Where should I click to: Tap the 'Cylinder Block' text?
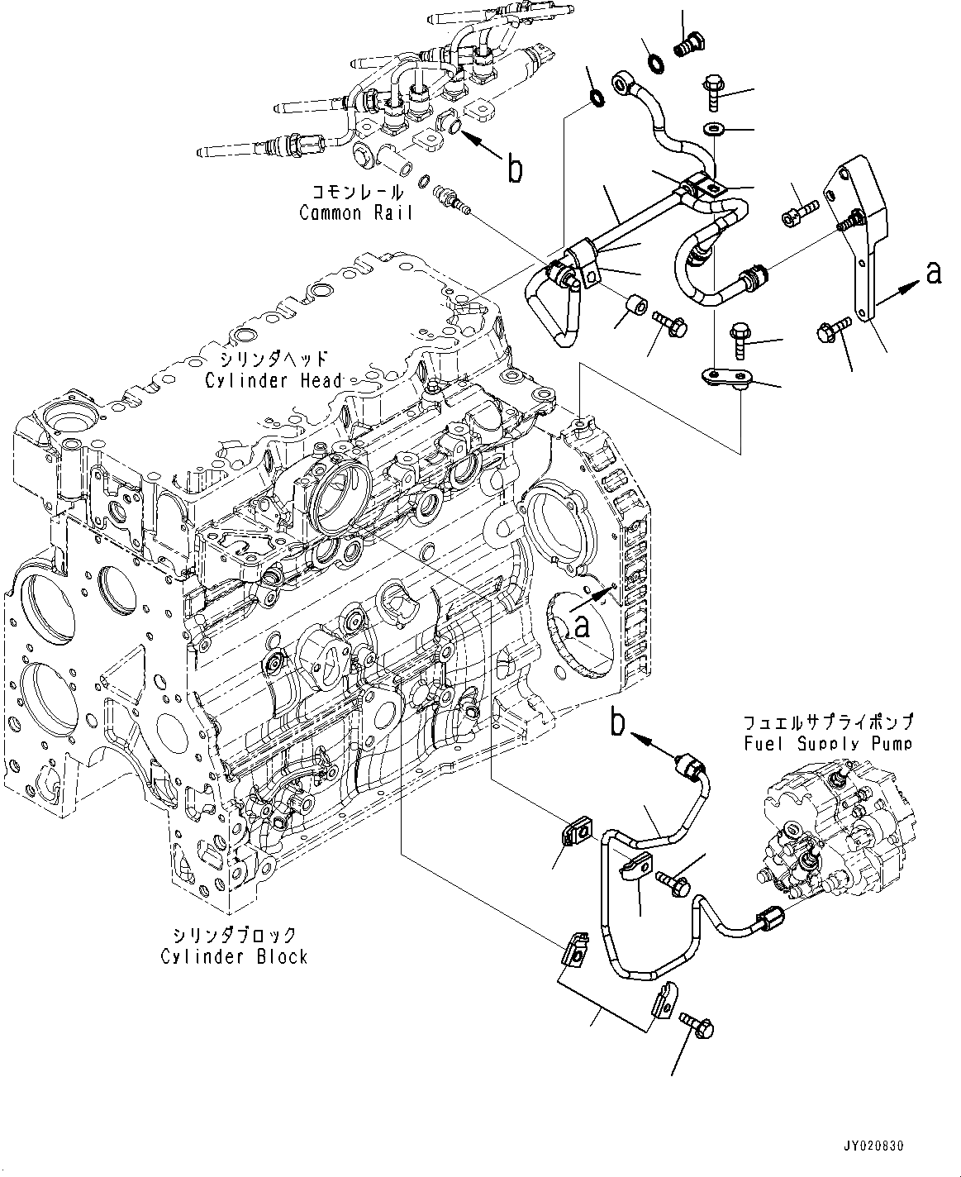pos(235,956)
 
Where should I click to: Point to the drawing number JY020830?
pos(874,1147)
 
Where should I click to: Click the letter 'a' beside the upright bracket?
pos(933,273)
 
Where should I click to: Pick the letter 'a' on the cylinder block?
pos(582,626)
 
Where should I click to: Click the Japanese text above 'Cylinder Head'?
pos(274,360)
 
